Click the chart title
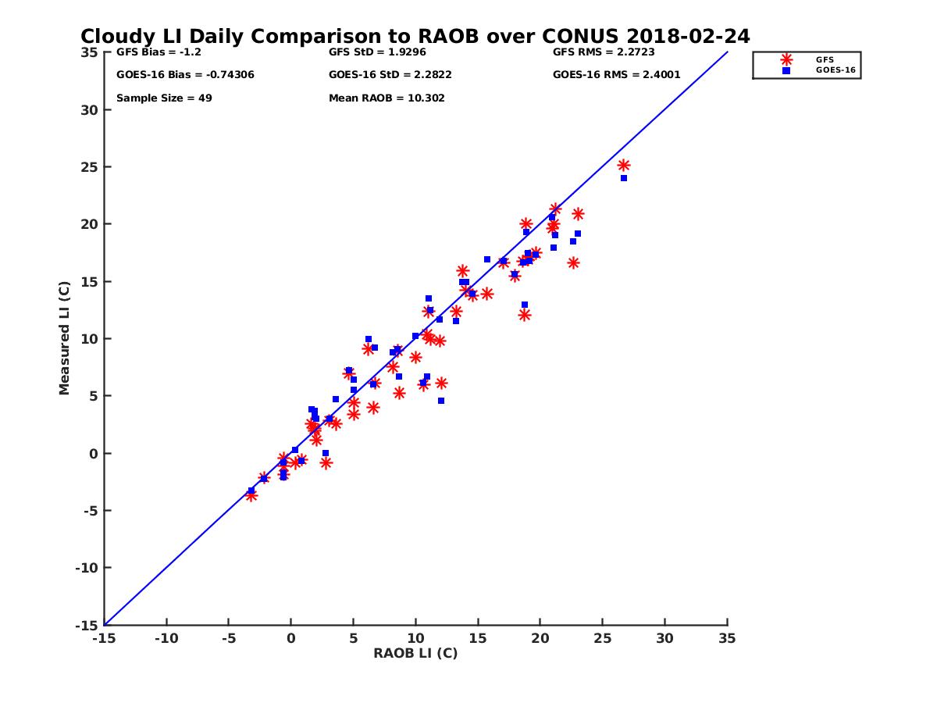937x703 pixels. tap(415, 37)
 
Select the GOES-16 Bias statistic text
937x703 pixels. tap(185, 75)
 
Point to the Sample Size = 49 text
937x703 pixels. tap(164, 98)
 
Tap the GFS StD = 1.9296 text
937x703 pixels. tap(378, 52)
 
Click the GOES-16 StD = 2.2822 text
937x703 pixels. tap(390, 75)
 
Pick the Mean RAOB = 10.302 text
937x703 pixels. tap(387, 98)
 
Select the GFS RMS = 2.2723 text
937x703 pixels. tap(604, 52)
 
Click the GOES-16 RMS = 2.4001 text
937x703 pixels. tap(616, 75)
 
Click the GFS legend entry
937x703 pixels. tap(824, 59)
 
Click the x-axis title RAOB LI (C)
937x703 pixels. tap(415, 653)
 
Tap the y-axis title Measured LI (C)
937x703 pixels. tap(64, 338)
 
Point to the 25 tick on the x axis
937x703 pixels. tap(602, 638)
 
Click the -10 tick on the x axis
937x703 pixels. tap(166, 638)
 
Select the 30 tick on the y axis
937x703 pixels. tap(89, 110)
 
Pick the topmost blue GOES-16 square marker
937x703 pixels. tap(624, 178)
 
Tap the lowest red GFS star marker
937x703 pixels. tap(251, 495)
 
